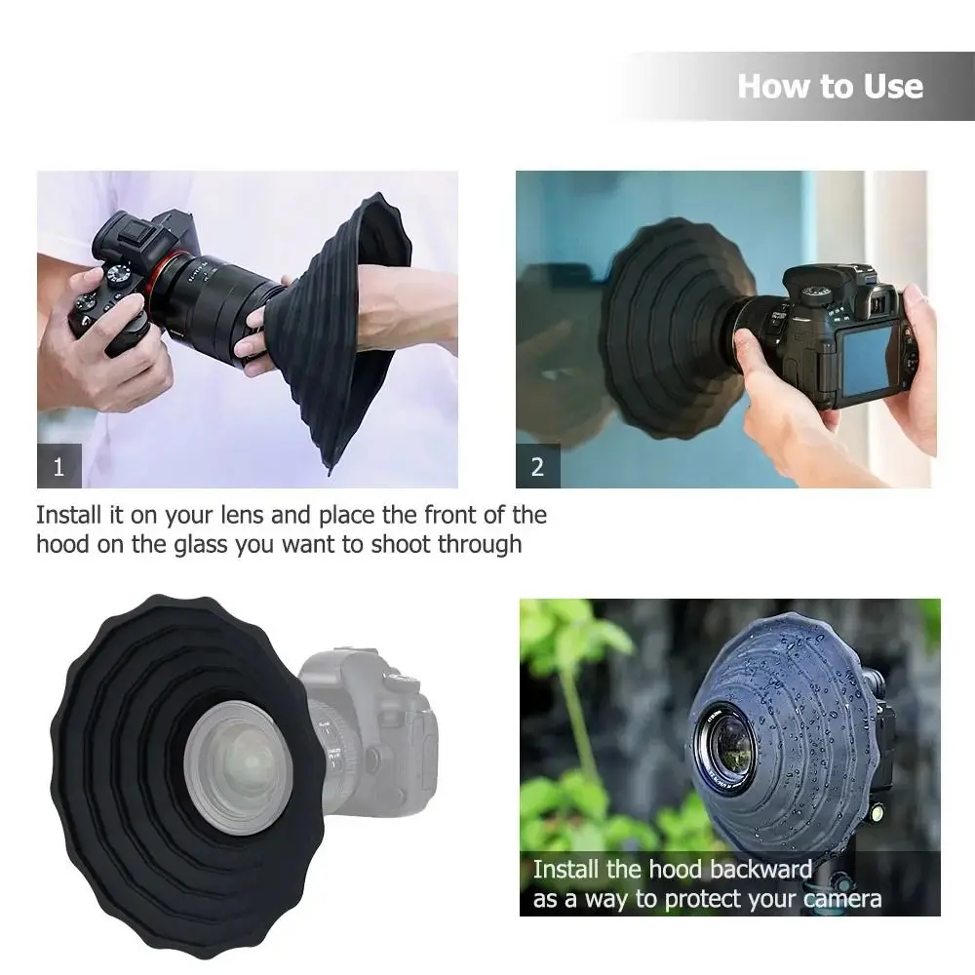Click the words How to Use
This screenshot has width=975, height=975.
(x=830, y=86)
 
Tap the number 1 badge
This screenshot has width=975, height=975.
(x=58, y=466)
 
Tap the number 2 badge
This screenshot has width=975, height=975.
(x=537, y=466)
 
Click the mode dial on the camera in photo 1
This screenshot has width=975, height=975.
(x=119, y=274)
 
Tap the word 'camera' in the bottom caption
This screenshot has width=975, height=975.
(x=840, y=899)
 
